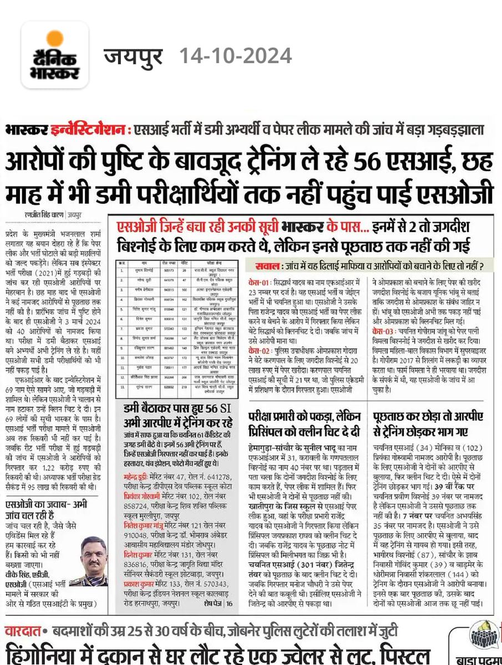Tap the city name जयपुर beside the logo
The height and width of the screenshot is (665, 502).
tap(134, 56)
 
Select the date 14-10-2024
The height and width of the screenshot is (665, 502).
tap(235, 56)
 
